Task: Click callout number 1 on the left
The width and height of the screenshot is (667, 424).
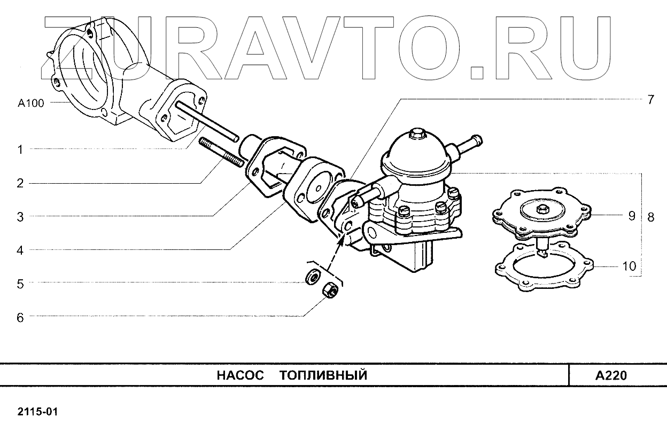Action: click(x=20, y=150)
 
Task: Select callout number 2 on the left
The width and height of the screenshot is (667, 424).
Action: click(x=20, y=184)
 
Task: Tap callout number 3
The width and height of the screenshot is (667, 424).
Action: click(x=20, y=217)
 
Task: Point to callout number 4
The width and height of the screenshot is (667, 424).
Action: click(x=20, y=250)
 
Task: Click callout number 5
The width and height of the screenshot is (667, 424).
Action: click(x=20, y=284)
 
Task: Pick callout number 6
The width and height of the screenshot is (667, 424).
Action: click(x=20, y=317)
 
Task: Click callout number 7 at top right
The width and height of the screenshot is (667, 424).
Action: click(x=650, y=100)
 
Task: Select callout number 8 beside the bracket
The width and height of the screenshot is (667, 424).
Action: click(x=650, y=217)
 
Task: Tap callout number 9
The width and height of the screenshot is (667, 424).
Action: click(x=631, y=216)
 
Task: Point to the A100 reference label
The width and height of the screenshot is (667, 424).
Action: click(x=31, y=104)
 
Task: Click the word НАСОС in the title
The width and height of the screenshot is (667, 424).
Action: click(x=241, y=375)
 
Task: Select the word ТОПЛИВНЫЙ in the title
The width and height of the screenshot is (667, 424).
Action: click(x=323, y=375)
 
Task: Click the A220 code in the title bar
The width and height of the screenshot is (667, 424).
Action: click(x=611, y=375)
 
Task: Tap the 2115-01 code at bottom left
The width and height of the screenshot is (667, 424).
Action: click(x=37, y=412)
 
